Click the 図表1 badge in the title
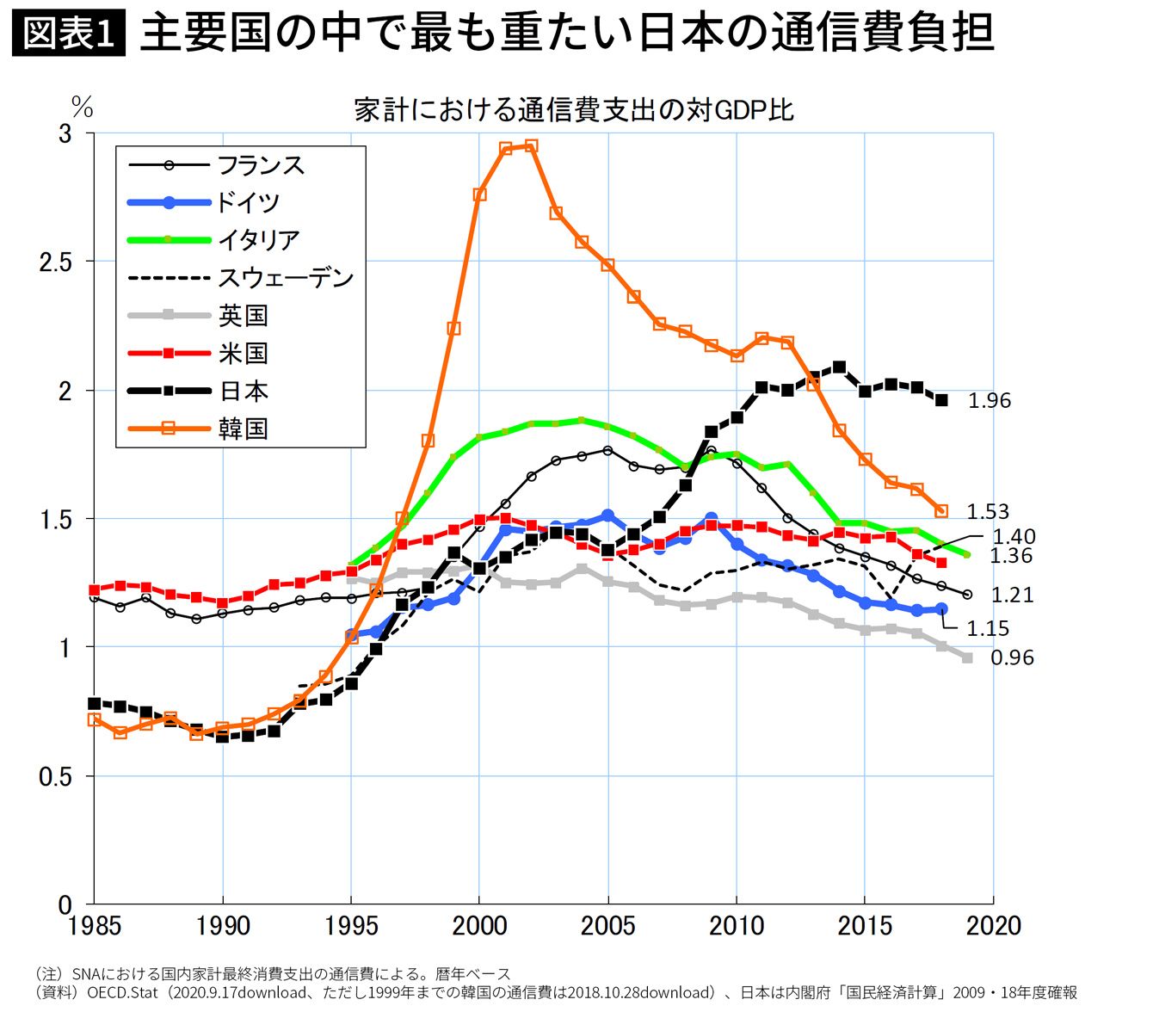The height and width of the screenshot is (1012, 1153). [68, 34]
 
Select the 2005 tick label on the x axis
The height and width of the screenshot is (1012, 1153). [607, 926]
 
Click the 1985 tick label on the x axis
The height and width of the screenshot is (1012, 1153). [94, 926]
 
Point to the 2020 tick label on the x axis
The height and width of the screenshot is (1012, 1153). [993, 926]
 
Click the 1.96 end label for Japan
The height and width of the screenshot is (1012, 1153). [990, 401]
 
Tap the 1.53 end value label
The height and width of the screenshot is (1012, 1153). [988, 512]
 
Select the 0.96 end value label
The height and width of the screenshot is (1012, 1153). [1012, 657]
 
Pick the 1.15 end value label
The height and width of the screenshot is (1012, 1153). [988, 629]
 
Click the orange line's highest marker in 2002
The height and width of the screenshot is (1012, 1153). [531, 146]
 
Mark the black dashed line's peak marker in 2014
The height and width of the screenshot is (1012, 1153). [839, 367]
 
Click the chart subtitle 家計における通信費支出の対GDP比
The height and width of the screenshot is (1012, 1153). [573, 110]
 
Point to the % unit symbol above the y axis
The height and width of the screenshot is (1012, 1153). [83, 108]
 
